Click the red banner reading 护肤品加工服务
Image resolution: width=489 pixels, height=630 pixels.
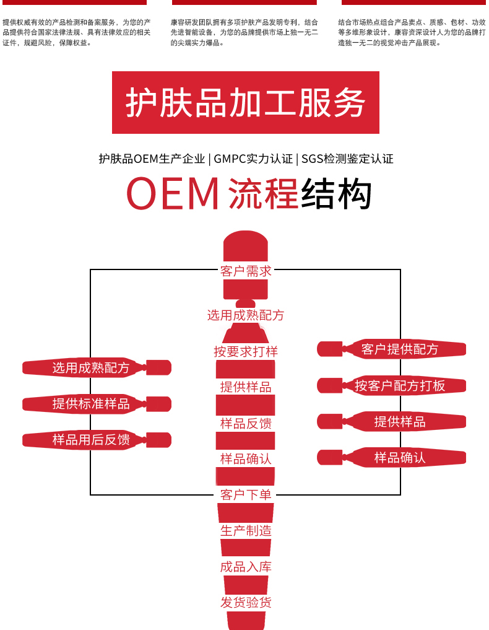[x=245, y=102]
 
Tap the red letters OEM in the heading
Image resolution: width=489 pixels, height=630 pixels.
[x=173, y=194]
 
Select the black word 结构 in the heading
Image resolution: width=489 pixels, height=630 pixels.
[x=336, y=194]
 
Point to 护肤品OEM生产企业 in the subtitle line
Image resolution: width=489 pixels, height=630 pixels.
[x=152, y=159]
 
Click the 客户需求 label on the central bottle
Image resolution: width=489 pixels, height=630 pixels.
[x=246, y=271]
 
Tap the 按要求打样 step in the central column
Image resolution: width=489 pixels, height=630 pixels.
[x=246, y=351]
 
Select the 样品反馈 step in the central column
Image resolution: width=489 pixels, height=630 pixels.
[x=246, y=424]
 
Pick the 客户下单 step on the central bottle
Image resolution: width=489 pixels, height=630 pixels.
[x=246, y=495]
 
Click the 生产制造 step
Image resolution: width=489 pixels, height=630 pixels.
[x=246, y=531]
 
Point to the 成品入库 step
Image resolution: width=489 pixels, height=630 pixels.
[x=246, y=567]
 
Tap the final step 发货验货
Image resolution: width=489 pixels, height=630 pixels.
[x=246, y=603]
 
